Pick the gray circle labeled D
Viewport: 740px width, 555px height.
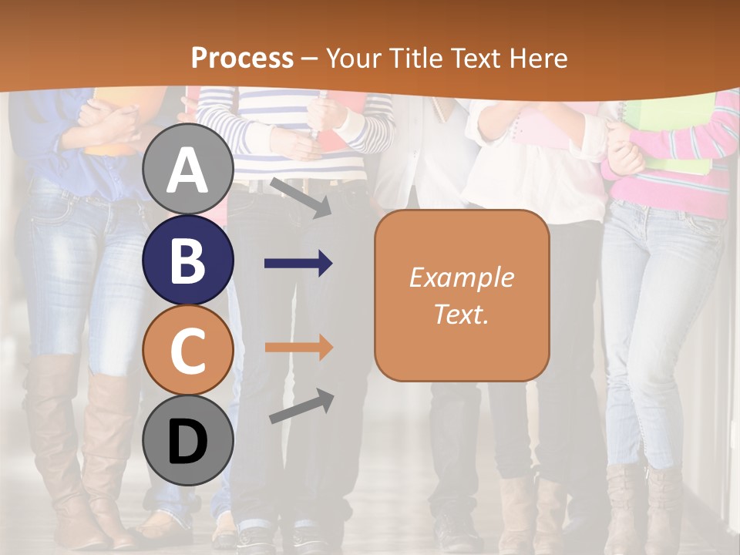[x=188, y=440]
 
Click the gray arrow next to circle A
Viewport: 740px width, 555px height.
[x=299, y=197]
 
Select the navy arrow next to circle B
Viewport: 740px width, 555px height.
[x=298, y=264]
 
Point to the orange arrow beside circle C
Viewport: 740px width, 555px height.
[x=298, y=348]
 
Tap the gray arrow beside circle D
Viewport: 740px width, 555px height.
[x=301, y=406]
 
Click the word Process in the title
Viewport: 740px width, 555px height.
[x=242, y=59]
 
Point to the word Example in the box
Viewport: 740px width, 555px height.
[x=461, y=277]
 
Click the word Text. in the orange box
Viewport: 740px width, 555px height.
[x=461, y=314]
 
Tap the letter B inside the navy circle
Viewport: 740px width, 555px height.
[x=188, y=260]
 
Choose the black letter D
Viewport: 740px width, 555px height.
[x=188, y=441]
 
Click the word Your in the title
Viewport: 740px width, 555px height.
[x=354, y=59]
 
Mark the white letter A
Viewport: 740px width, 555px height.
[x=188, y=170]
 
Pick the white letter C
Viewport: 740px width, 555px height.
[x=188, y=350]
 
